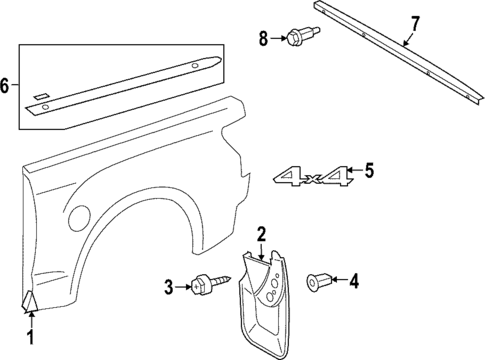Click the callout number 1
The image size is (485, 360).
pyautogui.click(x=29, y=339)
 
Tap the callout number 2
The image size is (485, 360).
pyautogui.click(x=260, y=235)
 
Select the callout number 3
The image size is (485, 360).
pyautogui.click(x=169, y=288)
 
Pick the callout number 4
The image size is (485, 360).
pyautogui.click(x=353, y=281)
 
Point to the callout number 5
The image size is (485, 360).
pyautogui.click(x=368, y=171)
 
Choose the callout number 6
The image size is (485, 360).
pyautogui.click(x=7, y=87)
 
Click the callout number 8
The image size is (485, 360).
pyautogui.click(x=264, y=39)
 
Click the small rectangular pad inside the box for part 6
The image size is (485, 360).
pyautogui.click(x=40, y=95)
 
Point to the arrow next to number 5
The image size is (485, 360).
pyautogui.click(x=354, y=172)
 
